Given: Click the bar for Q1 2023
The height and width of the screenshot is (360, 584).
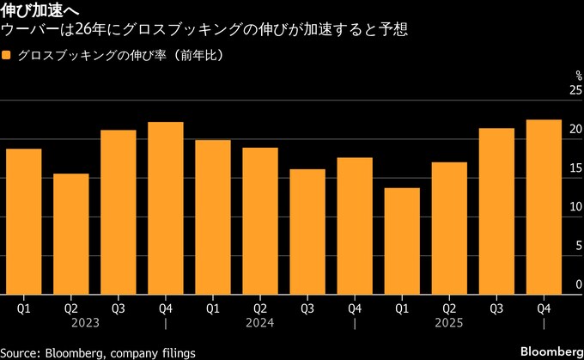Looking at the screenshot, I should pos(23,221).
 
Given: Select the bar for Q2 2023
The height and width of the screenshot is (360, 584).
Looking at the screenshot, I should pos(70,234).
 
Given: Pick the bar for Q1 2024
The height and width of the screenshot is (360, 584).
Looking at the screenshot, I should pos(212,217).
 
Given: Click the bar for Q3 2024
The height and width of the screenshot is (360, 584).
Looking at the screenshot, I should pos(307,231).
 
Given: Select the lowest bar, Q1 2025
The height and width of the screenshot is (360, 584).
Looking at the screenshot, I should pos(402,241).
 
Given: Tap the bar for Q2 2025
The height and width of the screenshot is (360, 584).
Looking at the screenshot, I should pos(449,228).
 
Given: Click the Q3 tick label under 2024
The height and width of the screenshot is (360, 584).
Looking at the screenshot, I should pos(307,306).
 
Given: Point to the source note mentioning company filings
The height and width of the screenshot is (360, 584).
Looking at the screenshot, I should pos(99,352).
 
